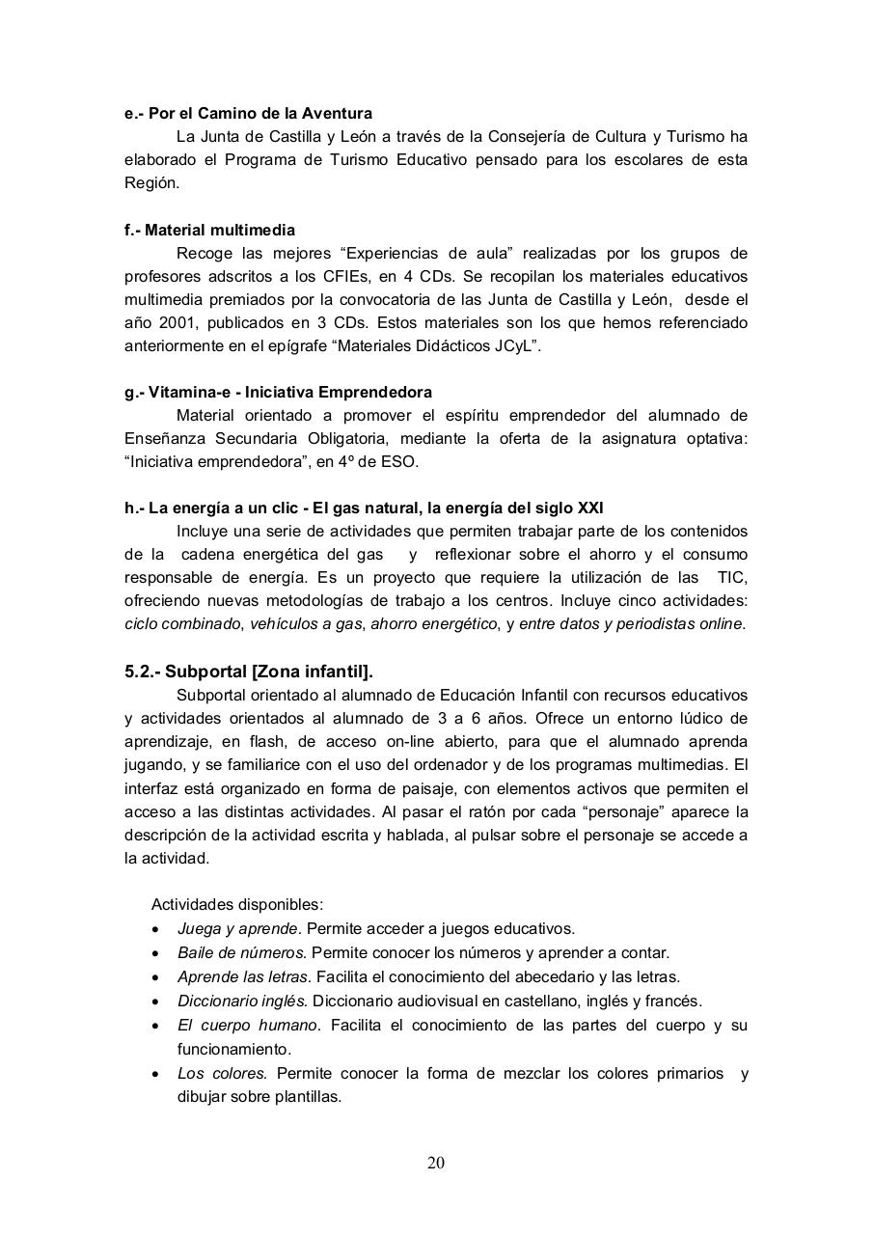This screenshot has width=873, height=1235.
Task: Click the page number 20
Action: (436, 1163)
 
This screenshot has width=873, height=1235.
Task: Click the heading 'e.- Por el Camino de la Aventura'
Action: (248, 114)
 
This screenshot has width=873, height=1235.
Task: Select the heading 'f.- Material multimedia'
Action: (209, 231)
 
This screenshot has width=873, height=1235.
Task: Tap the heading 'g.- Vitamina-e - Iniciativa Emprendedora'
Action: (278, 393)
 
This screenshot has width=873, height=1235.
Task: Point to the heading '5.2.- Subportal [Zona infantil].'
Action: (249, 672)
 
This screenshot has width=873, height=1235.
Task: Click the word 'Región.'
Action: (151, 183)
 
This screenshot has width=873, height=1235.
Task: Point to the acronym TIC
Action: (732, 578)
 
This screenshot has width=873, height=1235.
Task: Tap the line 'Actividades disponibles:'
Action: (237, 905)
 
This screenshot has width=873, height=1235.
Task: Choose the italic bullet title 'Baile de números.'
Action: (242, 953)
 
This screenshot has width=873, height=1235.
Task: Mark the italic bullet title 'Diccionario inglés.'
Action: (242, 1002)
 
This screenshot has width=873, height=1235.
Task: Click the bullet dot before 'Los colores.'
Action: (156, 1074)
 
